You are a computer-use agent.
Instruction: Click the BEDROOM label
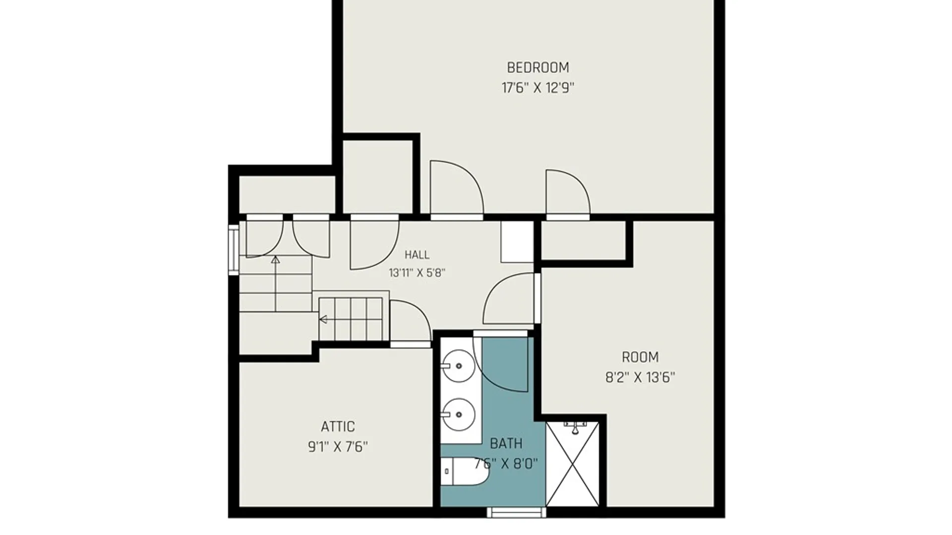[537, 67]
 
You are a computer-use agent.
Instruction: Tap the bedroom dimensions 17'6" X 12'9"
[537, 88]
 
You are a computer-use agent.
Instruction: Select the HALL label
[417, 255]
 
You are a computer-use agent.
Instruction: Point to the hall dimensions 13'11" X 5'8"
[417, 273]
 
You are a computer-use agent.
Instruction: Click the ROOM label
[640, 357]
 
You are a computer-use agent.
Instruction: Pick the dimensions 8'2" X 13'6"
[640, 378]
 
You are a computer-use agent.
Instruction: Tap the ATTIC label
[338, 427]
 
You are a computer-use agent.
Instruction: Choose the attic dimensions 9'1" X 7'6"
[338, 447]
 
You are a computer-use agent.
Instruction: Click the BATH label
[506, 443]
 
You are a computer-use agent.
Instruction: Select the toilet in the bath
[465, 471]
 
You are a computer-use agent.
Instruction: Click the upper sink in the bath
[459, 366]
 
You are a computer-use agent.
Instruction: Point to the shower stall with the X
[573, 464]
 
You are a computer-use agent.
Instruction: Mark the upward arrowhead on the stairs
[275, 260]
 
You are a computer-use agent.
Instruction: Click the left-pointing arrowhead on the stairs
[323, 320]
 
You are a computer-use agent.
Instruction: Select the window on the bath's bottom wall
[516, 513]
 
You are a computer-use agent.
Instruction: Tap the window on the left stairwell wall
[234, 250]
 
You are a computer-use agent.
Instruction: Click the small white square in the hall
[517, 242]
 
